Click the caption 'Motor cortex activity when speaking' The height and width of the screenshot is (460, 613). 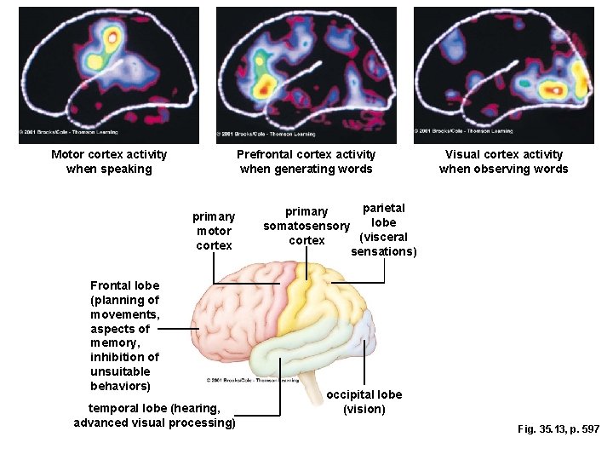(x=109, y=161)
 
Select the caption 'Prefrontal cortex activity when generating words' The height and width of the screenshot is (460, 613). (x=306, y=161)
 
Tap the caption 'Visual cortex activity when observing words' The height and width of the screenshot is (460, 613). (x=503, y=161)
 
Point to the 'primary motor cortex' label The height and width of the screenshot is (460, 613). (x=214, y=231)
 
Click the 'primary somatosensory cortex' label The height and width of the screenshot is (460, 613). (x=306, y=226)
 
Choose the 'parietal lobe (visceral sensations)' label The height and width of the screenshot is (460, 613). (x=383, y=229)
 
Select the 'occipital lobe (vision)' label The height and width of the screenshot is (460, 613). (x=364, y=401)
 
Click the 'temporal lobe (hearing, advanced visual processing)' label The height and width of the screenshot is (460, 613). (x=154, y=416)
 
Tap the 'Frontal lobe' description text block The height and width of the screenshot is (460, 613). (x=124, y=336)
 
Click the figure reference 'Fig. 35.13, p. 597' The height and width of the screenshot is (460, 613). (x=558, y=429)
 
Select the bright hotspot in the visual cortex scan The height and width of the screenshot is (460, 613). (x=555, y=88)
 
